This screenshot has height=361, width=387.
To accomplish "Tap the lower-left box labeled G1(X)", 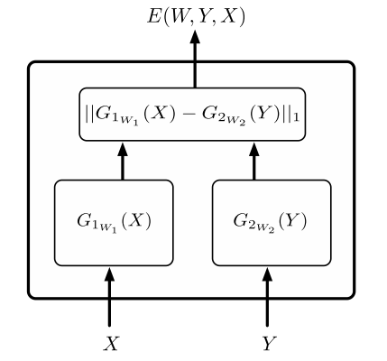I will coord(114,223).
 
